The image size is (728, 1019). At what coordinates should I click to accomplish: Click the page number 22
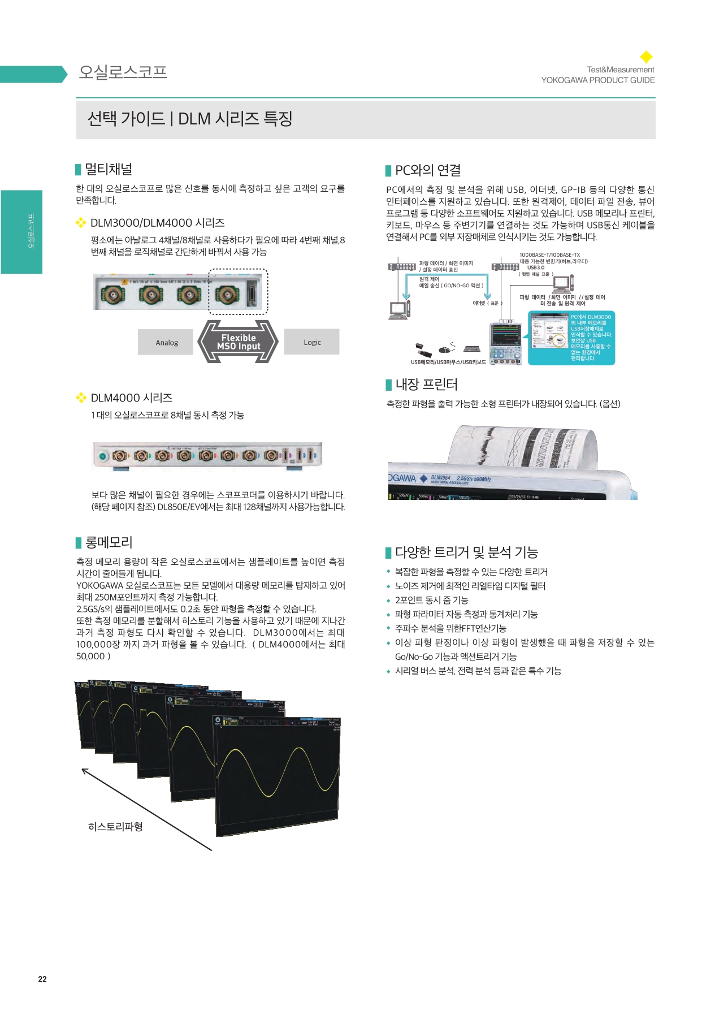[42, 979]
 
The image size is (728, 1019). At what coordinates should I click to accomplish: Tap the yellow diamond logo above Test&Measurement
[646, 57]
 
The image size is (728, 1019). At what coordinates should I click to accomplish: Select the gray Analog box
[166, 342]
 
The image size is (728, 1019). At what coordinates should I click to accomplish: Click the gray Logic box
[312, 342]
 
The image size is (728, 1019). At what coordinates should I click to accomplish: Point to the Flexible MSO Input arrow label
[239, 342]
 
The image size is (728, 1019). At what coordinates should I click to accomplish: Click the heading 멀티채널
[109, 169]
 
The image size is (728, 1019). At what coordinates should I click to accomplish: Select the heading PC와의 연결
[428, 170]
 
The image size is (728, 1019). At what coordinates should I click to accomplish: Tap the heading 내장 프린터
[426, 385]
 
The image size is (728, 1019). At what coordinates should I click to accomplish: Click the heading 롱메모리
[109, 542]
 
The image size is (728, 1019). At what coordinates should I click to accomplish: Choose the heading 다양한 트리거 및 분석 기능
[466, 552]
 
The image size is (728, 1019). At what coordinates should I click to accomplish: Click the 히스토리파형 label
[115, 826]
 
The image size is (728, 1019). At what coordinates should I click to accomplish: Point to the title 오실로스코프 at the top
[123, 72]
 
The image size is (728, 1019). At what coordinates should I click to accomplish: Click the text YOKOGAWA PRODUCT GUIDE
[597, 80]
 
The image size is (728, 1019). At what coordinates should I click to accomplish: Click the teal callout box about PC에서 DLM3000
[571, 338]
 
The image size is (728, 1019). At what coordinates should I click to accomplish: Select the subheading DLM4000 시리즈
[132, 398]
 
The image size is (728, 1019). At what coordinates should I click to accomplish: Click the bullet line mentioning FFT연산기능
[450, 628]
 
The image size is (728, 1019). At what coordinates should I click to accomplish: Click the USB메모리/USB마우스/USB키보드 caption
[448, 362]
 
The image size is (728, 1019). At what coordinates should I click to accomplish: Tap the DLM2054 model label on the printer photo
[441, 478]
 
